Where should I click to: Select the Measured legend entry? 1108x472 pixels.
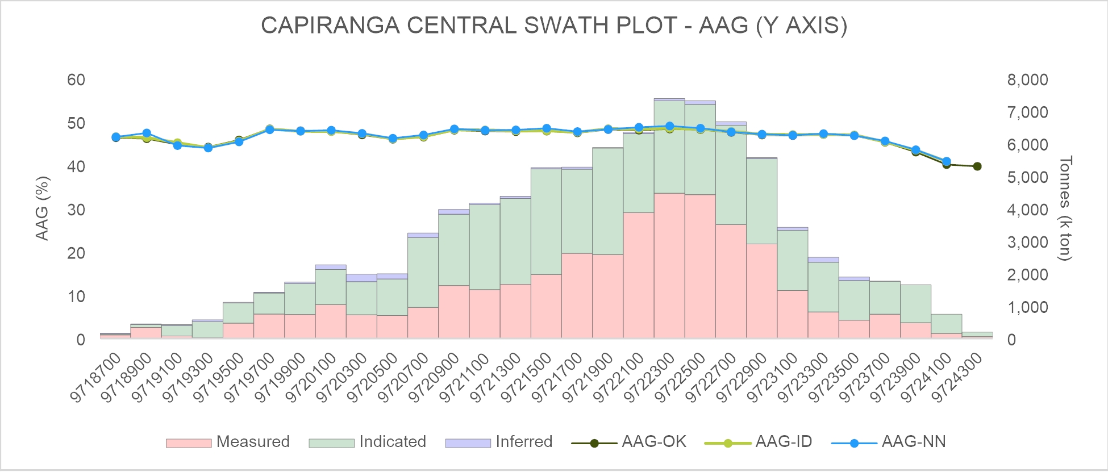coord(228,442)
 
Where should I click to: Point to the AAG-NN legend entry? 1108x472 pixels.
coord(889,442)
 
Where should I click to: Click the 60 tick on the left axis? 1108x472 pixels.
coord(76,80)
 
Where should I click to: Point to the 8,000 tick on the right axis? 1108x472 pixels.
coord(1027,80)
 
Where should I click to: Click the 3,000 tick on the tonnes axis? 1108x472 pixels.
coord(1027,242)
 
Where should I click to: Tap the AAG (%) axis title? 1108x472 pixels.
coord(42,208)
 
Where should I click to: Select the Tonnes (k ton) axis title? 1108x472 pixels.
coord(1065,208)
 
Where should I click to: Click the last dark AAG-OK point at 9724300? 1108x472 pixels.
coord(977,166)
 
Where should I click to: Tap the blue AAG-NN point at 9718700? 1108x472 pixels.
coord(116,137)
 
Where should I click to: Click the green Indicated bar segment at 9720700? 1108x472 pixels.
coord(423,272)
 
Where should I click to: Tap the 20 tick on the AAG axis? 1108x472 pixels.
coord(76,253)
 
